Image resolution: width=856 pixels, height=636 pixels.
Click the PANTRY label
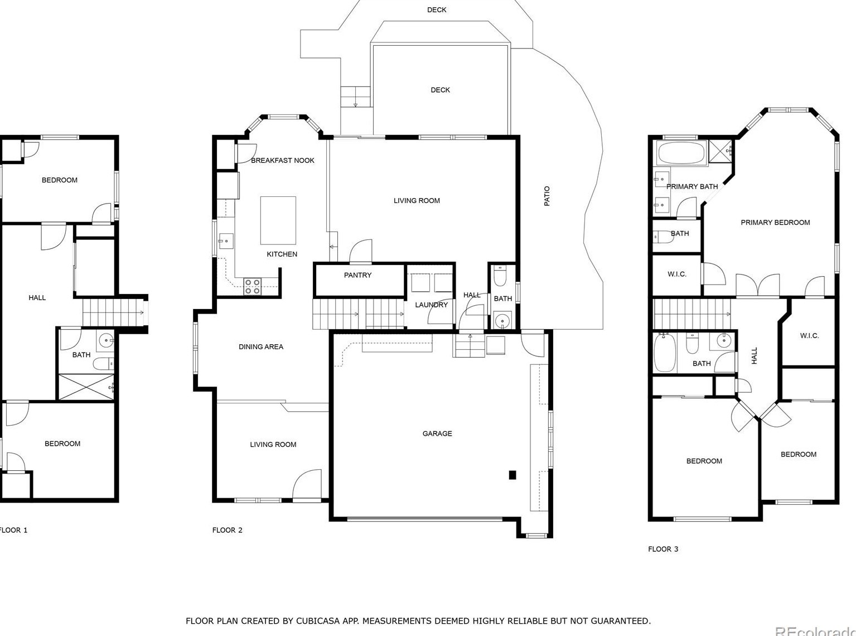[x=357, y=275]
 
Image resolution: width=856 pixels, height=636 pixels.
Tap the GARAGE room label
[x=437, y=433]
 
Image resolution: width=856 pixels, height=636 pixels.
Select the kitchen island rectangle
[x=278, y=220]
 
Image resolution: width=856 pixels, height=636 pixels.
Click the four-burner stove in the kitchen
[x=253, y=287]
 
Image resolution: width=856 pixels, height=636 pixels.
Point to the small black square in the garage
[x=512, y=475]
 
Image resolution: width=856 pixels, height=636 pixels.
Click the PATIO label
[x=547, y=196]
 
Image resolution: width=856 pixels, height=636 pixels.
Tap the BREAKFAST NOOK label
[x=283, y=160]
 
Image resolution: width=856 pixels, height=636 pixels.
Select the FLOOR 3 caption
[x=662, y=549]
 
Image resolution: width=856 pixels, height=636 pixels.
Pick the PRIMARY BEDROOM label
[x=775, y=223]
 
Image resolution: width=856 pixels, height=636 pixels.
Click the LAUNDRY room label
[x=431, y=305]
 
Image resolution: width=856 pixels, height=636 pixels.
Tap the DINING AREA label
[x=261, y=347]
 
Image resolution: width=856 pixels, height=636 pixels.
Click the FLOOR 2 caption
[x=228, y=530]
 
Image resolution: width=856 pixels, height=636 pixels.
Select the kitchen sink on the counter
[x=226, y=241]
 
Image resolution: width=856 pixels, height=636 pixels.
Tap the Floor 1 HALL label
[x=37, y=298]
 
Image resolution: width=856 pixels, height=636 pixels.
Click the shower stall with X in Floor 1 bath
[x=86, y=387]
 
